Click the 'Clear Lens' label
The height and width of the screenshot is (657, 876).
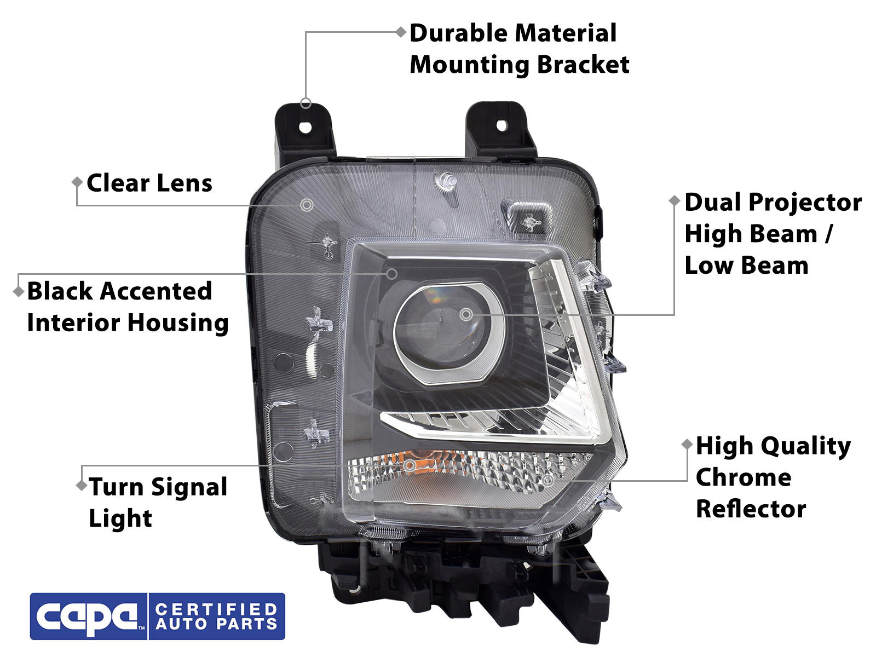pyautogui.click(x=149, y=183)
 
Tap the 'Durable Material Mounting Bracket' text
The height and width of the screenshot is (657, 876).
pyautogui.click(x=519, y=49)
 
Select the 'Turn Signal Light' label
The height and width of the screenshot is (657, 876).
pyautogui.click(x=158, y=502)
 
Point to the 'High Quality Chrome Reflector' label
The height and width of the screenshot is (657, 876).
pyautogui.click(x=773, y=477)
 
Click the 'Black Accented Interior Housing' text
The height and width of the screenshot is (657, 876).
pyautogui.click(x=127, y=307)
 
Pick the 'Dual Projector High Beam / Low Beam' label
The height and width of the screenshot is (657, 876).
pyautogui.click(x=773, y=234)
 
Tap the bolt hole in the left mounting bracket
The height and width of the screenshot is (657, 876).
pyautogui.click(x=306, y=128)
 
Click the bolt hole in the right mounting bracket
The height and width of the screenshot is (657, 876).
pyautogui.click(x=501, y=125)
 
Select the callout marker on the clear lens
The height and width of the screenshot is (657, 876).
pyautogui.click(x=307, y=205)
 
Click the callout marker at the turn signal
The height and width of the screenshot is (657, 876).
pyautogui.click(x=410, y=465)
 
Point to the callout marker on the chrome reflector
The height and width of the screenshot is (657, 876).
pyautogui.click(x=547, y=481)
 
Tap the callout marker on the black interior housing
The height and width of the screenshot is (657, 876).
pyautogui.click(x=391, y=274)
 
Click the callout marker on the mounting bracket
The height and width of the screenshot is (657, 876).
pyautogui.click(x=306, y=103)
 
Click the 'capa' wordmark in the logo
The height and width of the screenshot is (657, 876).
pyautogui.click(x=88, y=617)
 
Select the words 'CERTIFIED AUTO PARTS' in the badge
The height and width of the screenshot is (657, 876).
pyautogui.click(x=216, y=617)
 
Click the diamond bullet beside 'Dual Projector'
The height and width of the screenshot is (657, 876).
pyautogui.click(x=675, y=200)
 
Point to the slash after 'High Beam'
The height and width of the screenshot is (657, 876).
pyautogui.click(x=829, y=234)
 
